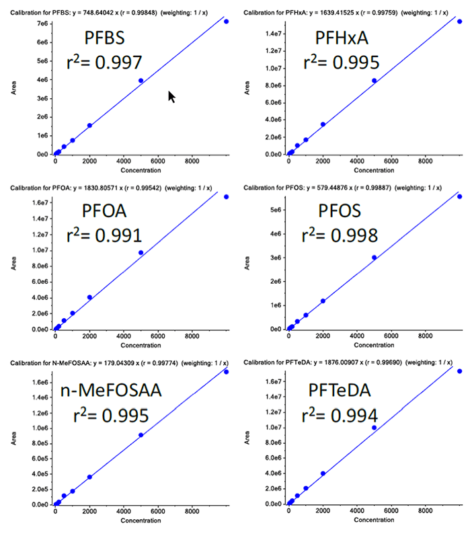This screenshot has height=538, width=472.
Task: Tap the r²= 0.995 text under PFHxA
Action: pos(342,62)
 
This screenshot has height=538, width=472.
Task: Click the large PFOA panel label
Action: pos(106,213)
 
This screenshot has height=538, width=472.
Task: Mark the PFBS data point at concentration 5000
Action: pos(141,81)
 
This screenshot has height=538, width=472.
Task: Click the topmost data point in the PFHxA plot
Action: pos(460,22)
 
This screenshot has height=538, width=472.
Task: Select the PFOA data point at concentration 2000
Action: pos(89,297)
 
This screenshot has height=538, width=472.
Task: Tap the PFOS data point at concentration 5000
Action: pos(375,258)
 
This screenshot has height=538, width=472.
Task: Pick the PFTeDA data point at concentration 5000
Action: pos(375,428)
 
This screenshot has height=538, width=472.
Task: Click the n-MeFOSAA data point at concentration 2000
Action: pos(89,477)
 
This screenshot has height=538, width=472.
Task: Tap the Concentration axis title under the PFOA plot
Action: pos(141,346)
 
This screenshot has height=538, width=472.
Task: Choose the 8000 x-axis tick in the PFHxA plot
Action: pos(425,161)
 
